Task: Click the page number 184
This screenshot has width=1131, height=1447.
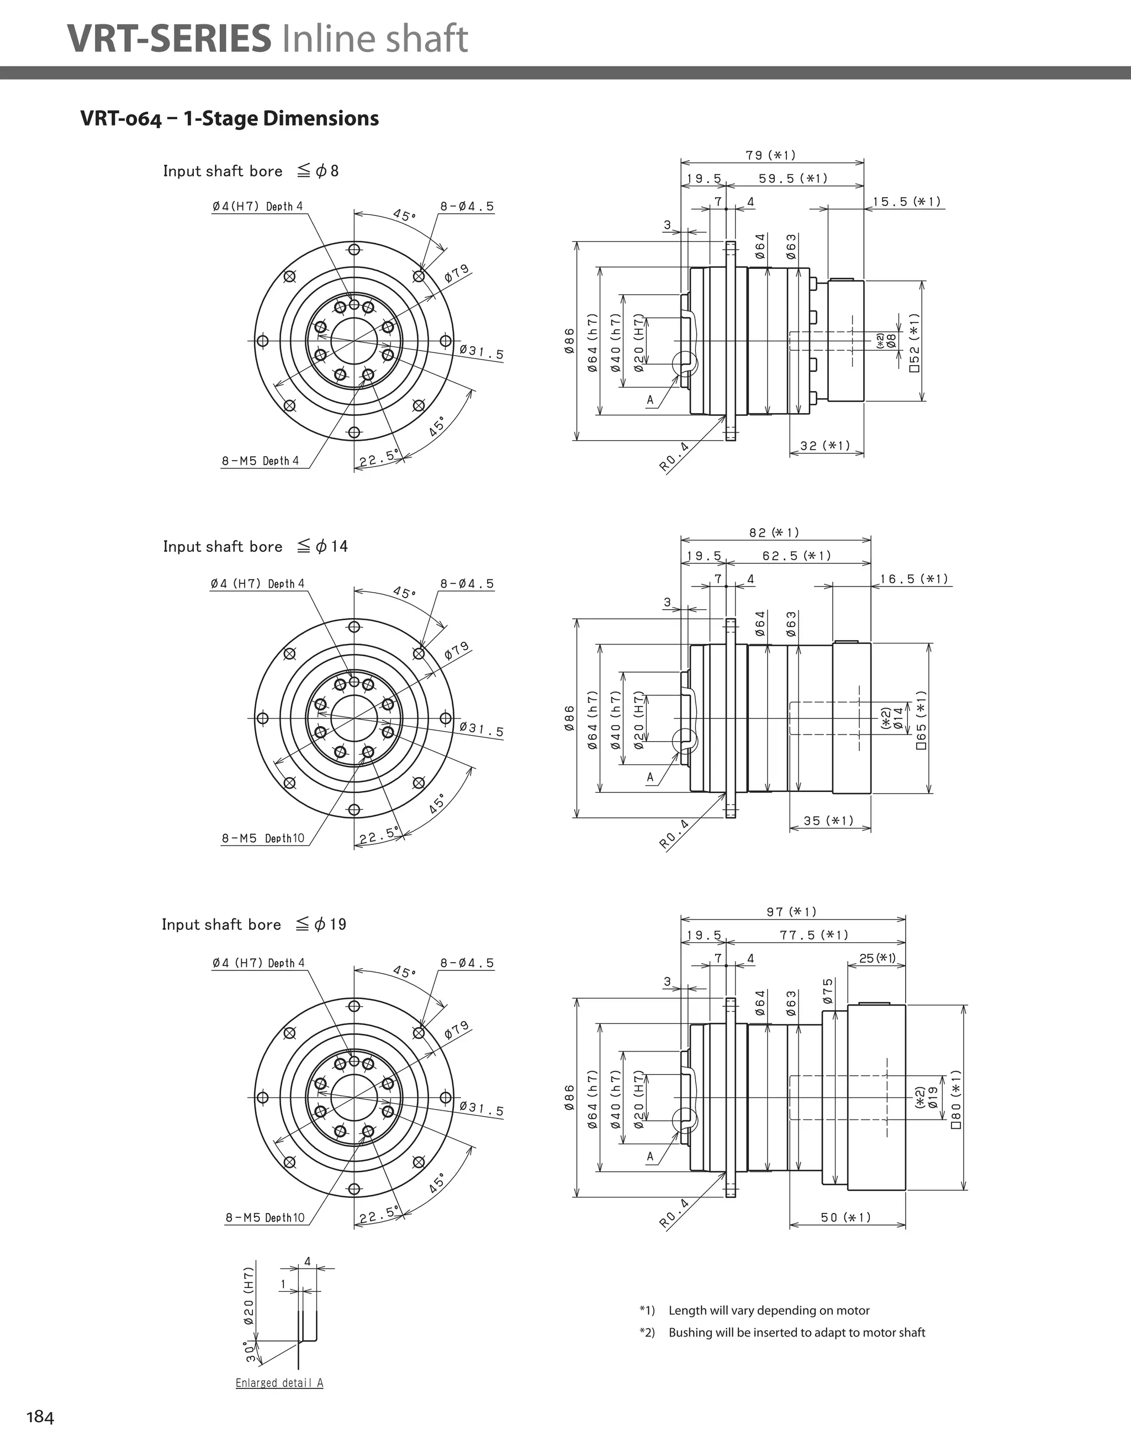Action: point(40,1417)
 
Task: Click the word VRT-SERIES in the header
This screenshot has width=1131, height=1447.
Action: point(169,39)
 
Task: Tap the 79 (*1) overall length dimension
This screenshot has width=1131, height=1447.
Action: point(770,155)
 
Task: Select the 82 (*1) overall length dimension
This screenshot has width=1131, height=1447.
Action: point(774,533)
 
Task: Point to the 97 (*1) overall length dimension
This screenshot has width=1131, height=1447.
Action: point(792,912)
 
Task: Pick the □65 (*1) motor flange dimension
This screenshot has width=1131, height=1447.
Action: point(921,719)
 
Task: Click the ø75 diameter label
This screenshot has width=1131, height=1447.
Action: point(828,991)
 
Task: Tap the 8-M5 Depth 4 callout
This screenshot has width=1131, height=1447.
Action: point(261,461)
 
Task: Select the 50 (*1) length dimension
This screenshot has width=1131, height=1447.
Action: point(845,1217)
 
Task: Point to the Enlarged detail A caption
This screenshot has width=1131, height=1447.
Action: point(279,1383)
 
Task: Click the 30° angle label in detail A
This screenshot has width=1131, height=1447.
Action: point(250,1351)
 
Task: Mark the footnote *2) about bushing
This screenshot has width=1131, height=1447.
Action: point(783,1332)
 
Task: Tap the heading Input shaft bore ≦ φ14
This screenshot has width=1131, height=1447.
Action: point(255,547)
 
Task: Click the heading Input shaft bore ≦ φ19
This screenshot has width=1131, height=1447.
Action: point(254,924)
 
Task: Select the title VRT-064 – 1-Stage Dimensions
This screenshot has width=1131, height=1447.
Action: point(229,119)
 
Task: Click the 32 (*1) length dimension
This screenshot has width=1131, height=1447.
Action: point(825,445)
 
